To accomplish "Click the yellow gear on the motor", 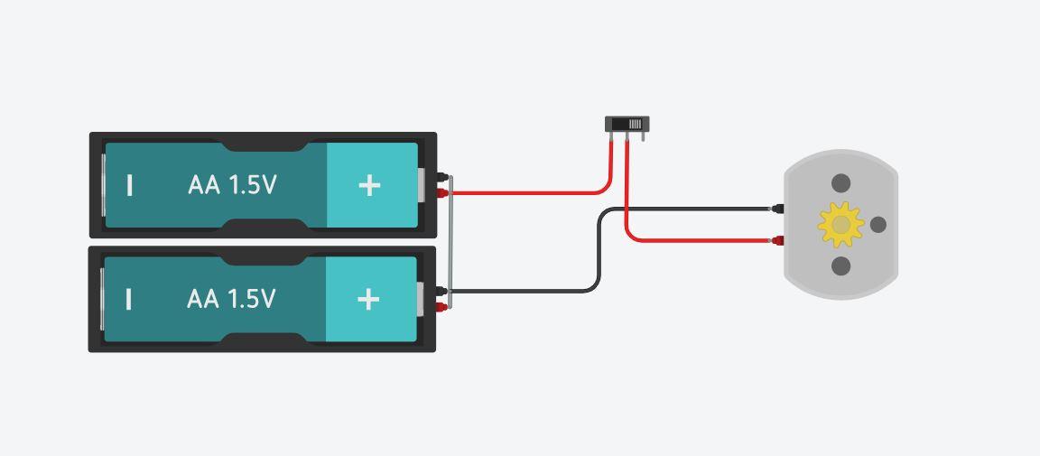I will [840, 224].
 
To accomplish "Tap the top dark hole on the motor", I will [840, 183].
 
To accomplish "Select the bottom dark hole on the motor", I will [840, 265].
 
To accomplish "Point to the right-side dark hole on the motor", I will [877, 224].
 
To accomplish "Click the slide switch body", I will [627, 124].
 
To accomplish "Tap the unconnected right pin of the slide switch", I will [643, 136].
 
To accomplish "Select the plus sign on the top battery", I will [369, 185].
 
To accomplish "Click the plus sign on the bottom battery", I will [368, 299].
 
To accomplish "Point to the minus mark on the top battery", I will [130, 185].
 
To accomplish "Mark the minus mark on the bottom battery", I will [129, 299].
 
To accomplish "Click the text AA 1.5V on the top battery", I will [232, 185].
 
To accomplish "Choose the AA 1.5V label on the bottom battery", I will [231, 299].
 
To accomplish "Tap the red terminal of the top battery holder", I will [441, 192].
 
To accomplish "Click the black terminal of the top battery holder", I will [441, 177].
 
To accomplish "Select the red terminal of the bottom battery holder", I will [441, 307].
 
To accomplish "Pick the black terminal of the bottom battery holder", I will [441, 292].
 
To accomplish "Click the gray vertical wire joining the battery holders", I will [450, 242].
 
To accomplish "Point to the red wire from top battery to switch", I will [524, 192].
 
